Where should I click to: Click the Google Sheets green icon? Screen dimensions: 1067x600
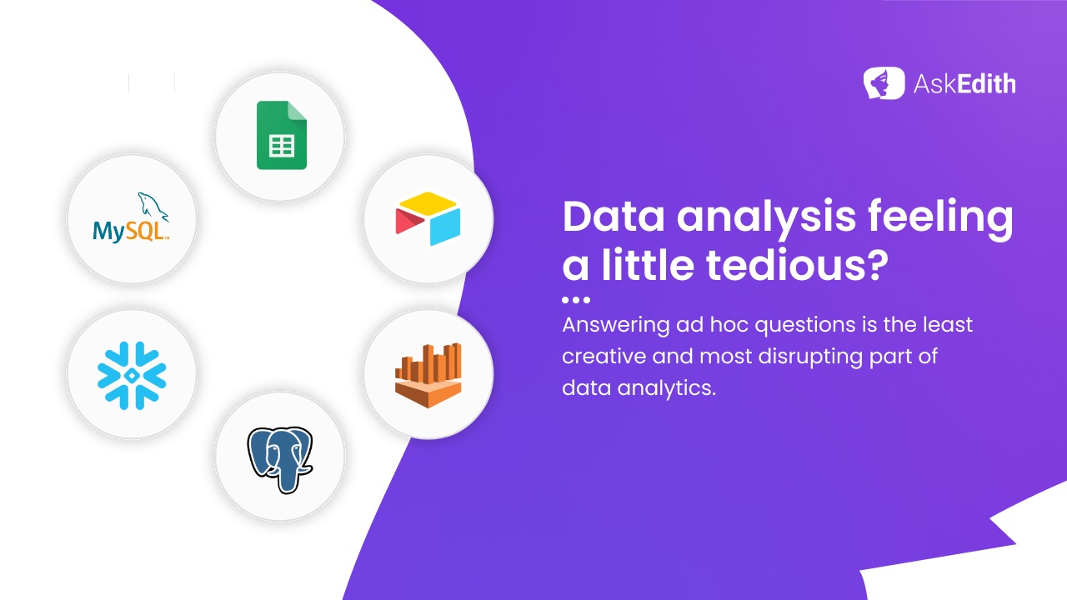(282, 135)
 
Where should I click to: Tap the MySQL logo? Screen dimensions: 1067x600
(131, 217)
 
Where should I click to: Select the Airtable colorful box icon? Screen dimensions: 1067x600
(428, 218)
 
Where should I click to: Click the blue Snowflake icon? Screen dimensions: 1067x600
(132, 375)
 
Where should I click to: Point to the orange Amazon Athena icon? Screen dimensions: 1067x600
(428, 375)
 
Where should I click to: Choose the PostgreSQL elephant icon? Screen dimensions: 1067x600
(280, 459)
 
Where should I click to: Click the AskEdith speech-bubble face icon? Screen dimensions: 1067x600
(884, 83)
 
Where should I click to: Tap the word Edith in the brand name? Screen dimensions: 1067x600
(986, 84)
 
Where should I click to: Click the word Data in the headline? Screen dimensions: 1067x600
(614, 217)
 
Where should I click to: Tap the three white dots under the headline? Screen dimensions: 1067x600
(576, 300)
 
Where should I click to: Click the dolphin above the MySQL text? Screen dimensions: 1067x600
(153, 207)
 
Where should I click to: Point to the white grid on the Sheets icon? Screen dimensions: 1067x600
(282, 146)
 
